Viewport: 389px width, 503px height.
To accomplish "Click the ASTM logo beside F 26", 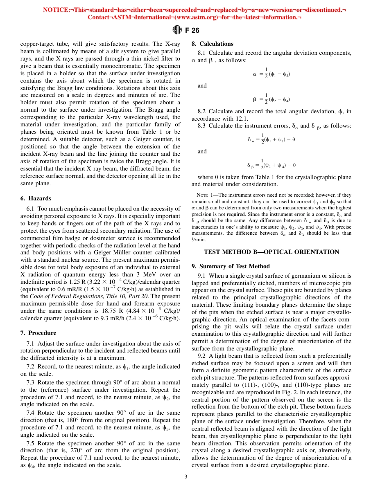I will coord(177,30).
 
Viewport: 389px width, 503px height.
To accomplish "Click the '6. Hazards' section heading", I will coord(36,198).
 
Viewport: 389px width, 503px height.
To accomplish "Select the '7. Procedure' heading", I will coord(38,333).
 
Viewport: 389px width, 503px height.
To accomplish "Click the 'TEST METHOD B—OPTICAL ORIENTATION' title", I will coord(271,252).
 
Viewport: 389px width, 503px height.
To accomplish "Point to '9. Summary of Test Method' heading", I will coord(231,266).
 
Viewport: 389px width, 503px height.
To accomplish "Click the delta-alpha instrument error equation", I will coord(271,139).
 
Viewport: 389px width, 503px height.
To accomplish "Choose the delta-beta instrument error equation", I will coord(271,165).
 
